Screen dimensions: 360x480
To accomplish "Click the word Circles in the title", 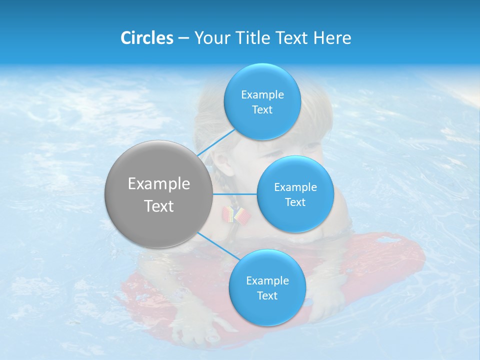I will [x=146, y=38].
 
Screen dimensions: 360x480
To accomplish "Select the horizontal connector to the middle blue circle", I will [x=234, y=194].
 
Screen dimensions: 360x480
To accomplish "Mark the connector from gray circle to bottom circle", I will [x=217, y=246].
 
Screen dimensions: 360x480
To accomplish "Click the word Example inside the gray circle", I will [x=159, y=184].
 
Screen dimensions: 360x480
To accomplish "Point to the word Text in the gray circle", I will [x=159, y=206].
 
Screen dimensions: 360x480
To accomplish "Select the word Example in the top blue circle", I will [x=262, y=94].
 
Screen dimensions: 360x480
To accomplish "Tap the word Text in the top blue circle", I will [x=262, y=109].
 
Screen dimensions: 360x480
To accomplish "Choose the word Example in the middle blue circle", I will [x=295, y=187].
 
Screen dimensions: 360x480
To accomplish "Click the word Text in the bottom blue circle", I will [x=267, y=295].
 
